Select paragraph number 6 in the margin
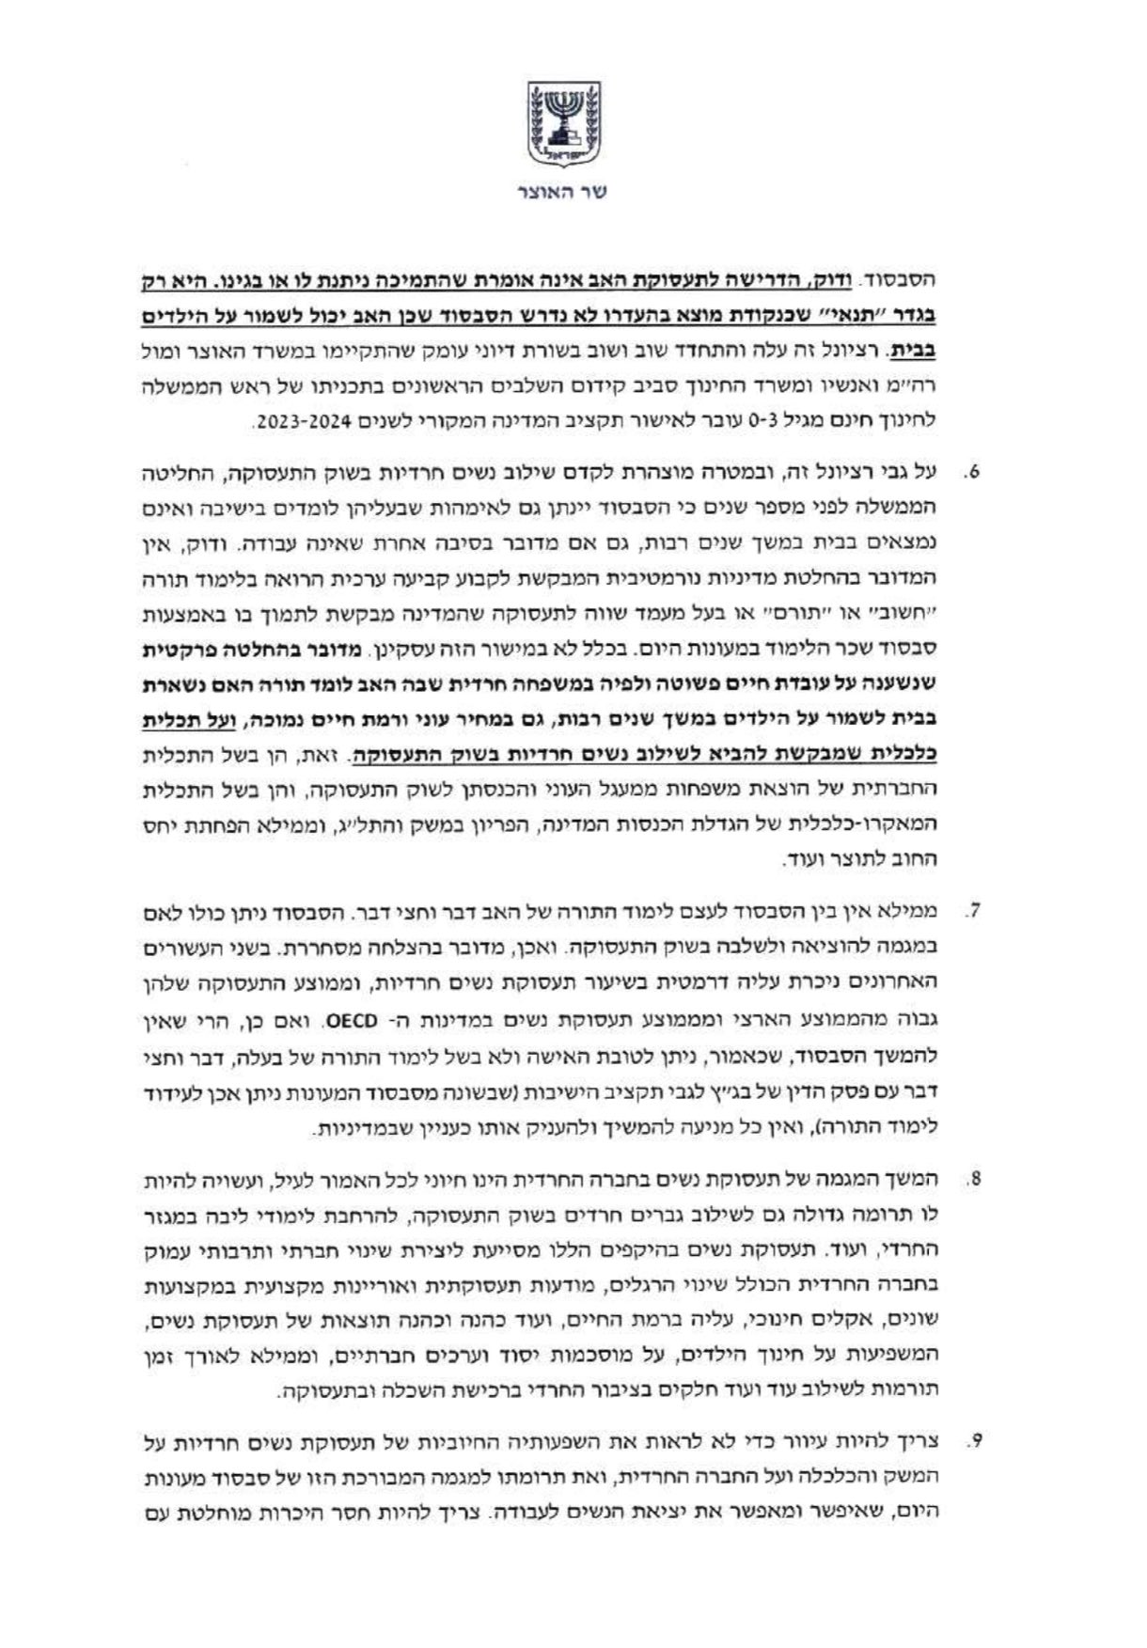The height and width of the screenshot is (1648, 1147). click(972, 471)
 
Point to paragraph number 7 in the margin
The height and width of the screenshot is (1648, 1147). click(972, 911)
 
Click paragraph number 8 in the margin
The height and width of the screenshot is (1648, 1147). click(972, 1178)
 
